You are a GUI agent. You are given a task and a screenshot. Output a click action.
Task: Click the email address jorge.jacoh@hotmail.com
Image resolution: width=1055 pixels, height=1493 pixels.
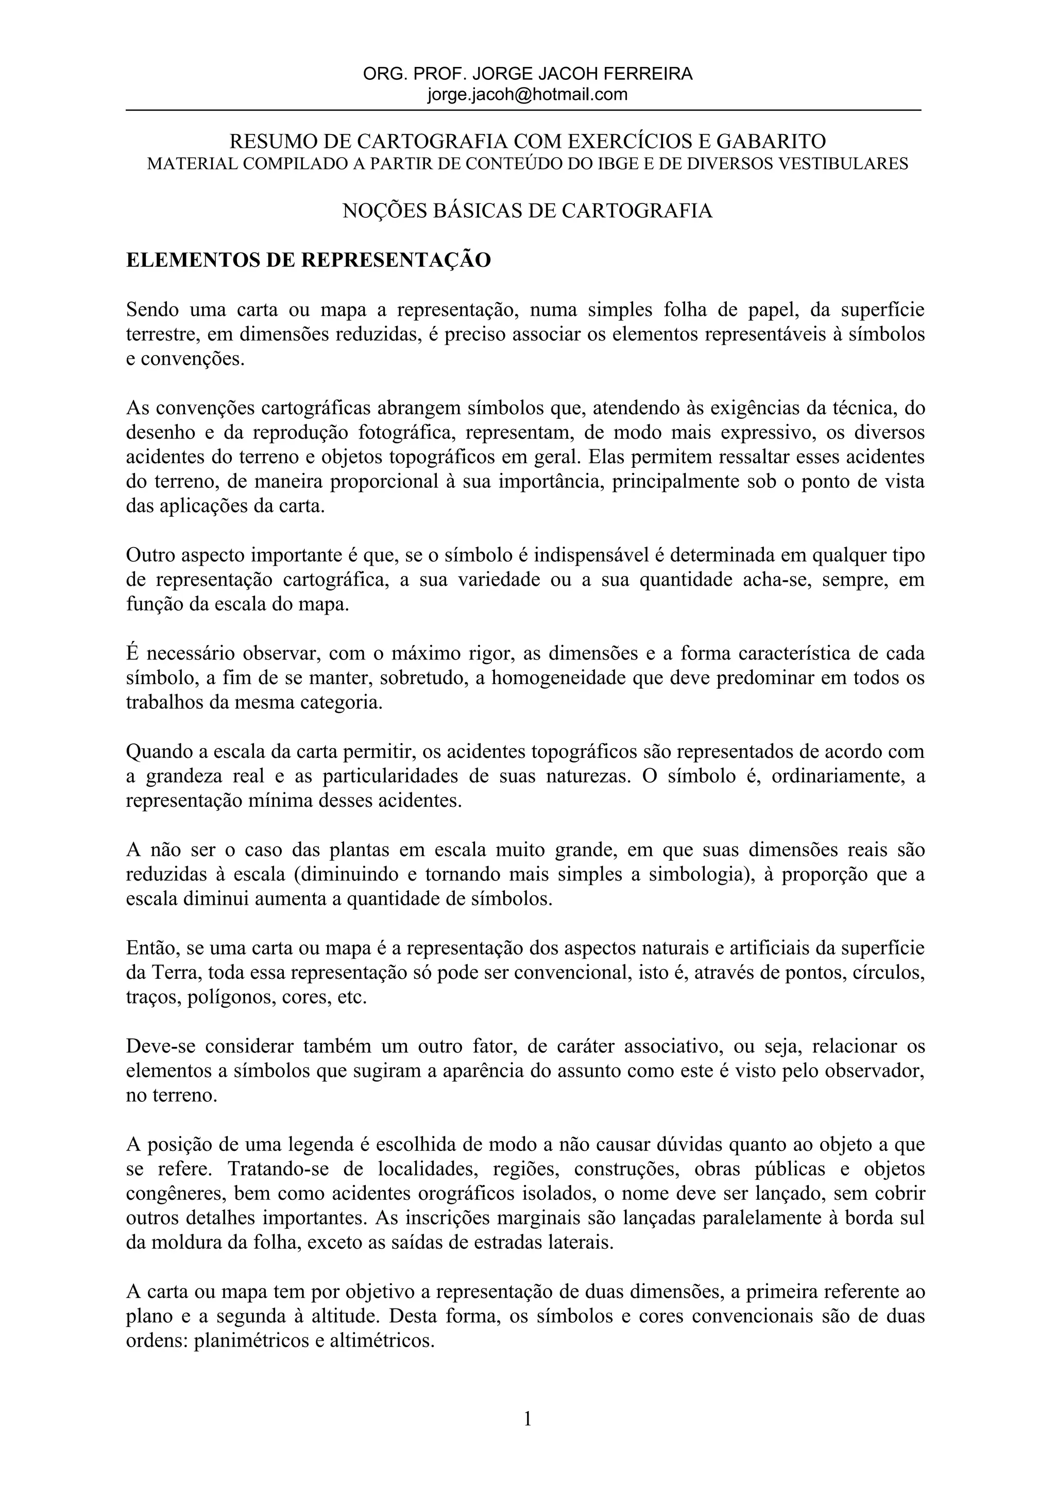527,94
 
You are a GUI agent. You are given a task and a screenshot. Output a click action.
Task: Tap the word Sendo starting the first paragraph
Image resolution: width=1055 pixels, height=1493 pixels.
151,310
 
